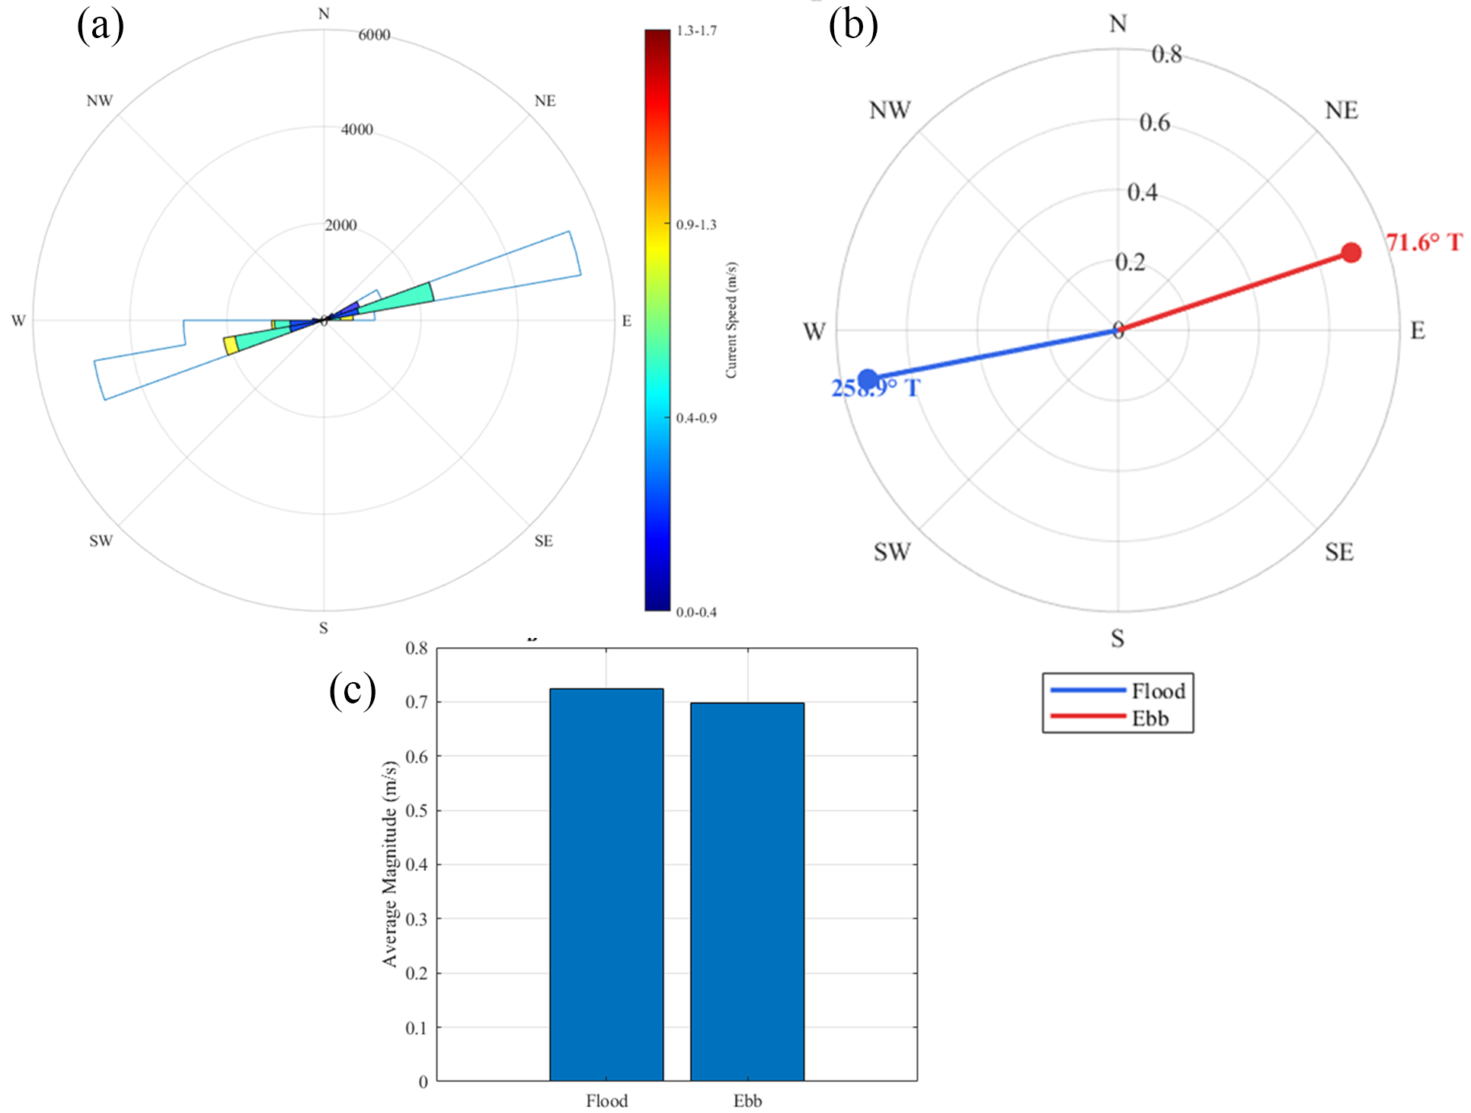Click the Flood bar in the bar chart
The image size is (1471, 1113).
pyautogui.click(x=606, y=883)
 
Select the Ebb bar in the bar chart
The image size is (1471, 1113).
pyautogui.click(x=747, y=891)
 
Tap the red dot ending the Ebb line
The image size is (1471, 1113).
pyautogui.click(x=1351, y=253)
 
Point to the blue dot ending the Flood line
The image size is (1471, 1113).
pyautogui.click(x=867, y=378)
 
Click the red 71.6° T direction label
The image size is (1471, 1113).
pyautogui.click(x=1423, y=242)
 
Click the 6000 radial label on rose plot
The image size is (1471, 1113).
pyautogui.click(x=374, y=35)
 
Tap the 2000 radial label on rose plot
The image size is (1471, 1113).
pyautogui.click(x=341, y=225)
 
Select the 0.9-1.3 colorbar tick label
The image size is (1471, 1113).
pyautogui.click(x=696, y=225)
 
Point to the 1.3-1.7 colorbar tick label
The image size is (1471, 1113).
pyautogui.click(x=696, y=31)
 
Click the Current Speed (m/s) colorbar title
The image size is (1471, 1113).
pyautogui.click(x=731, y=320)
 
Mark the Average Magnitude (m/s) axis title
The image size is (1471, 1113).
pyautogui.click(x=389, y=863)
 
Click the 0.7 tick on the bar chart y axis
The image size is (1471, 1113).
pyautogui.click(x=417, y=702)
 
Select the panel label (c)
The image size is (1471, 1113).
pyautogui.click(x=352, y=690)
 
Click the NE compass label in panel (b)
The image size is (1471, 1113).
pyautogui.click(x=1341, y=110)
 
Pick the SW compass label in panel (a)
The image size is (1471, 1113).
pyautogui.click(x=101, y=541)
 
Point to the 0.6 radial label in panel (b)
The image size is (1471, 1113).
pyautogui.click(x=1154, y=123)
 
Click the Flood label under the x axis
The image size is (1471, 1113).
pyautogui.click(x=606, y=1100)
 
